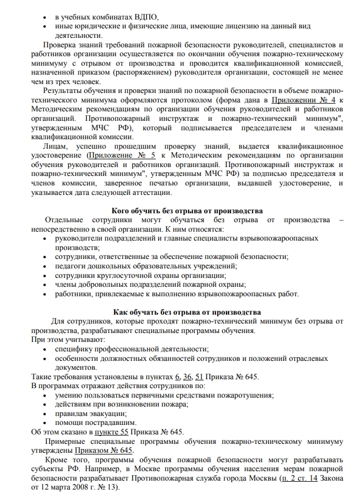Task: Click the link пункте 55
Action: tap(111, 432)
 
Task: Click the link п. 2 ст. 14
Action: tap(300, 477)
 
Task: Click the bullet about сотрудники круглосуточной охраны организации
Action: tap(140, 276)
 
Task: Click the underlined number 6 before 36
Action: tap(177, 377)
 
